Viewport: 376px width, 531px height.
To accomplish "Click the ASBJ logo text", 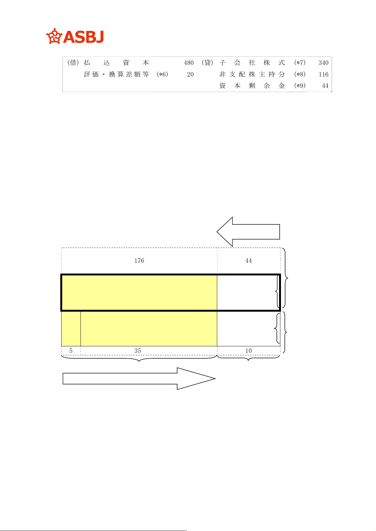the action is [83, 37].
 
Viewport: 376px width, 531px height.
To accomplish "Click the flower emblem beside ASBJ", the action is [54, 36].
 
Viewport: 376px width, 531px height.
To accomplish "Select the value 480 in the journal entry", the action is [188, 63].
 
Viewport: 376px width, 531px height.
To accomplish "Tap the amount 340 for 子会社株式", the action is [323, 63].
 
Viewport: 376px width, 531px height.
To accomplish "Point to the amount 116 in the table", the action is [323, 74].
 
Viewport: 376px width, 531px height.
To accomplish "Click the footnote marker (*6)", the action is [162, 74].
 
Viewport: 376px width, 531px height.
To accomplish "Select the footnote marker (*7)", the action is [300, 63].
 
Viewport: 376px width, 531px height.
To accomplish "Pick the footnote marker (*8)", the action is [300, 74].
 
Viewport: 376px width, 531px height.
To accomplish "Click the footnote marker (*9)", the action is [300, 86].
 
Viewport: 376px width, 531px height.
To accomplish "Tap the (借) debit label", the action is [73, 63].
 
